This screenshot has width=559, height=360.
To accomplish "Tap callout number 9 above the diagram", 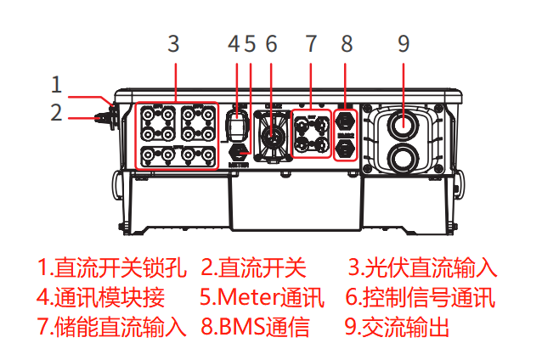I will pyautogui.click(x=404, y=43).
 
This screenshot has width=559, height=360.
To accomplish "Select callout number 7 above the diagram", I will pyautogui.click(x=311, y=43).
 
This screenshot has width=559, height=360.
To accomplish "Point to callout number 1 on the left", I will pyautogui.click(x=56, y=84).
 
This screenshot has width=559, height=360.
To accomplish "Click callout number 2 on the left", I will pyautogui.click(x=56, y=111).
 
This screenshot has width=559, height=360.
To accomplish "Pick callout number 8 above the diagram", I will pyautogui.click(x=347, y=43).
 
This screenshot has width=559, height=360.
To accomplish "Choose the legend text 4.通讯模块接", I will pyautogui.click(x=100, y=297).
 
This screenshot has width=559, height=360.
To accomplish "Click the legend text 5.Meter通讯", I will pyautogui.click(x=262, y=297).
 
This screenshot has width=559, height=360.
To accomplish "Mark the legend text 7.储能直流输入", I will pyautogui.click(x=111, y=326).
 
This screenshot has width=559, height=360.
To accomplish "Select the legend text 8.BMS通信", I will pyautogui.click(x=255, y=326).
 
